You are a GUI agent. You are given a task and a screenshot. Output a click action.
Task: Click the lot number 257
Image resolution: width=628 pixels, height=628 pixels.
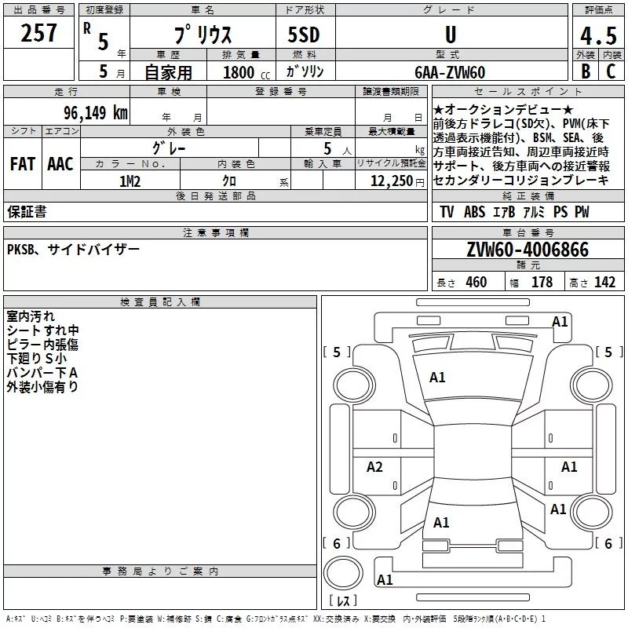[x=38, y=34]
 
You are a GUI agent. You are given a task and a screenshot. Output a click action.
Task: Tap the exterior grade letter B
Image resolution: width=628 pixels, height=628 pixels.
[x=585, y=71]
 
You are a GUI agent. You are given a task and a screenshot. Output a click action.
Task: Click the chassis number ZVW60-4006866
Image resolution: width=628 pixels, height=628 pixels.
[x=527, y=250]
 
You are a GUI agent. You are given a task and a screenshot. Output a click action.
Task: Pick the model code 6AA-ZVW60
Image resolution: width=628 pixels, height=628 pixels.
[x=450, y=72]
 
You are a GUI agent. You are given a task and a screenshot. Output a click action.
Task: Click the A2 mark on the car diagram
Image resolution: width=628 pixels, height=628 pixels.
[x=374, y=467]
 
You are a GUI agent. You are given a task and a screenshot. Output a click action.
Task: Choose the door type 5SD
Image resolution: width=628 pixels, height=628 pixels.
[x=304, y=36]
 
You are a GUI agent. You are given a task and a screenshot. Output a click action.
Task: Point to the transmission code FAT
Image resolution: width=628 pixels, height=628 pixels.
[x=22, y=164]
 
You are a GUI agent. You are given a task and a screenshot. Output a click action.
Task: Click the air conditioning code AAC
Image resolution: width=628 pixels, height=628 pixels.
[x=60, y=164]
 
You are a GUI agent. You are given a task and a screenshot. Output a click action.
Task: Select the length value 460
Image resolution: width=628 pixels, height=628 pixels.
[x=476, y=282]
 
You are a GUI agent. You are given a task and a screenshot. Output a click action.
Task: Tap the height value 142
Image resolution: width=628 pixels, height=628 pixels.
[x=604, y=282]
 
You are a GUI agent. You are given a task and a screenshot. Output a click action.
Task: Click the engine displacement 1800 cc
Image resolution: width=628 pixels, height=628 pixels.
[x=239, y=72]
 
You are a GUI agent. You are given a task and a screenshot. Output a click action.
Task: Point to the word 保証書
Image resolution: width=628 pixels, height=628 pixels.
[x=27, y=212]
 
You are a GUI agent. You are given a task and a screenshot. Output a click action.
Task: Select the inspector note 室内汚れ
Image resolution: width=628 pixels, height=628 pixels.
[x=31, y=316]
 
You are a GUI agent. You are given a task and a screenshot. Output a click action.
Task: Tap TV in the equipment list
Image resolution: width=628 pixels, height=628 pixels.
[x=447, y=212]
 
